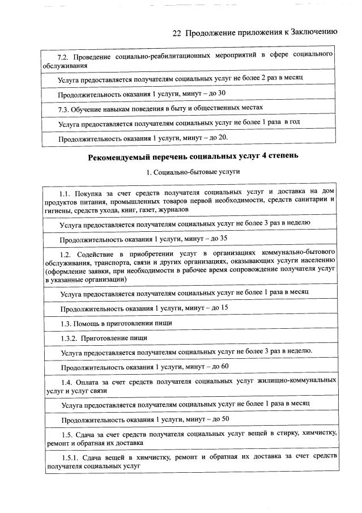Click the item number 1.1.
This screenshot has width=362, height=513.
tap(67, 192)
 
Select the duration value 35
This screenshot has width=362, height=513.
tap(223, 238)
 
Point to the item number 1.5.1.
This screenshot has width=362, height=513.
tap(70, 456)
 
